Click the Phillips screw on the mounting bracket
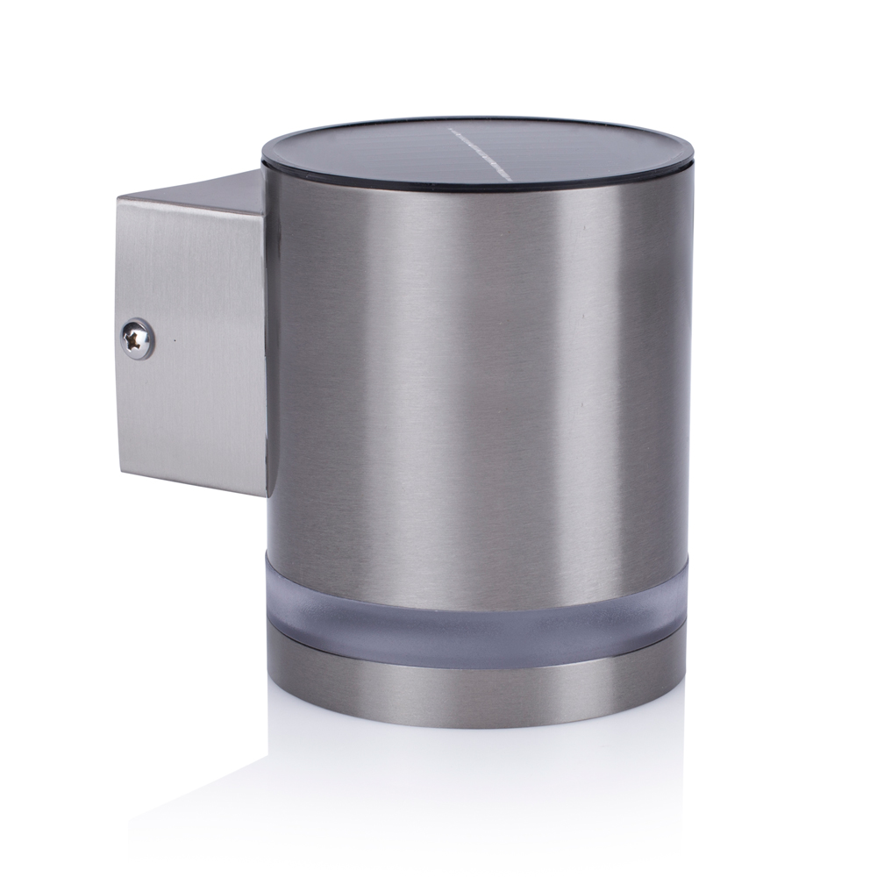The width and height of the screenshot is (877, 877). pyautogui.click(x=137, y=339)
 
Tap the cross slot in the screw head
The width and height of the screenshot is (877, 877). pyautogui.click(x=137, y=339)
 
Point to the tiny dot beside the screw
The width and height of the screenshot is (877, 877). pyautogui.click(x=175, y=339)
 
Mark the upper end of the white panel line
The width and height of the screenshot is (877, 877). pyautogui.click(x=449, y=131)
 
